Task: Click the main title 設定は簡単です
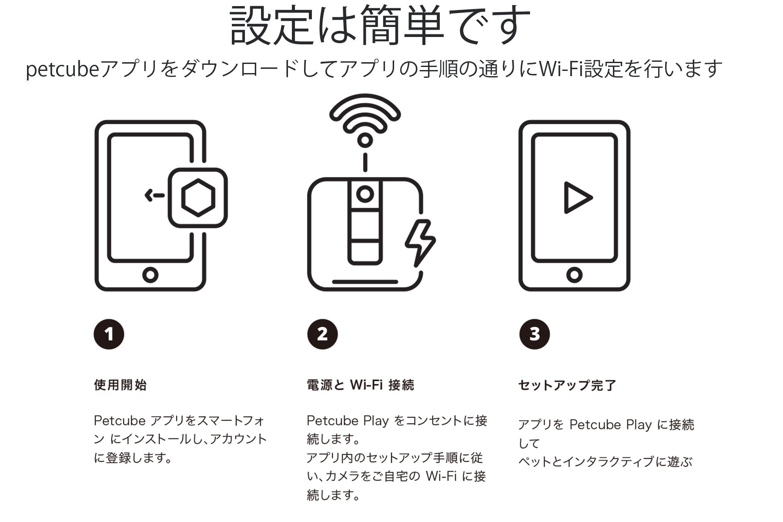tap(380, 25)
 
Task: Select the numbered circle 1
tap(109, 334)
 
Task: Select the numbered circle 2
tap(322, 334)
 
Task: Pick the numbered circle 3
tap(535, 334)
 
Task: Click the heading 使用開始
tap(120, 385)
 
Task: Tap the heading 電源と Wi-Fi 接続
tap(361, 385)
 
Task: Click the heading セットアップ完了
tap(567, 385)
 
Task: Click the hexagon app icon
tap(198, 197)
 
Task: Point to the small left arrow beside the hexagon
tap(154, 195)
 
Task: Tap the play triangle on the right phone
tap(578, 197)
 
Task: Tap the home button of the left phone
tap(150, 275)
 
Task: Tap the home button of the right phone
tap(574, 275)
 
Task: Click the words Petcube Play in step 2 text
tap(348, 421)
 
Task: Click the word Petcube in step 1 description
tap(120, 421)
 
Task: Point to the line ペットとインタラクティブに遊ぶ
tap(605, 462)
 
